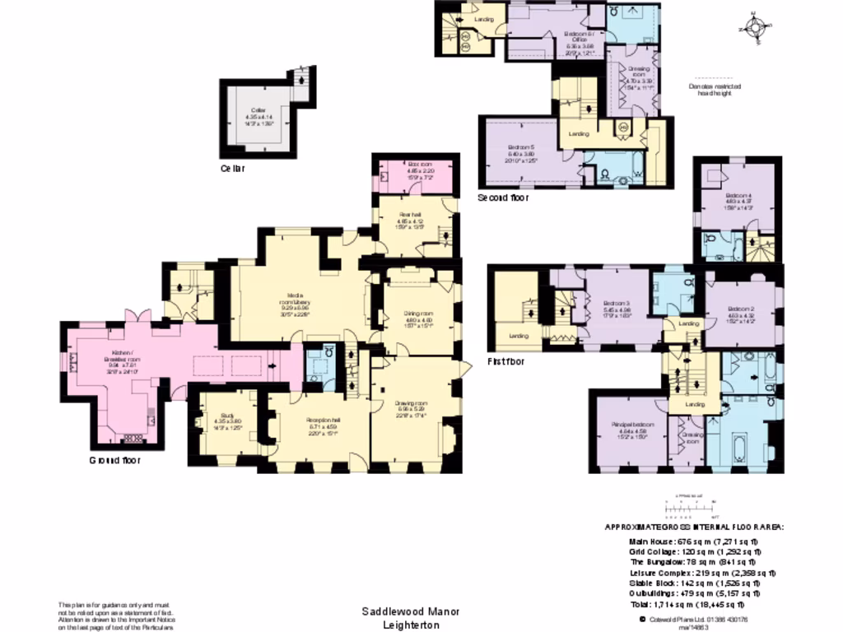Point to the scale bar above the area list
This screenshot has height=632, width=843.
point(691,504)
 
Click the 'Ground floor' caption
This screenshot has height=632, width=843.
point(114,461)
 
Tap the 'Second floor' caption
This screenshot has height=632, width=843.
point(503,198)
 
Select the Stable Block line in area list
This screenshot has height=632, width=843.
point(693,582)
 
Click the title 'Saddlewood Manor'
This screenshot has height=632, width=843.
point(406,612)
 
